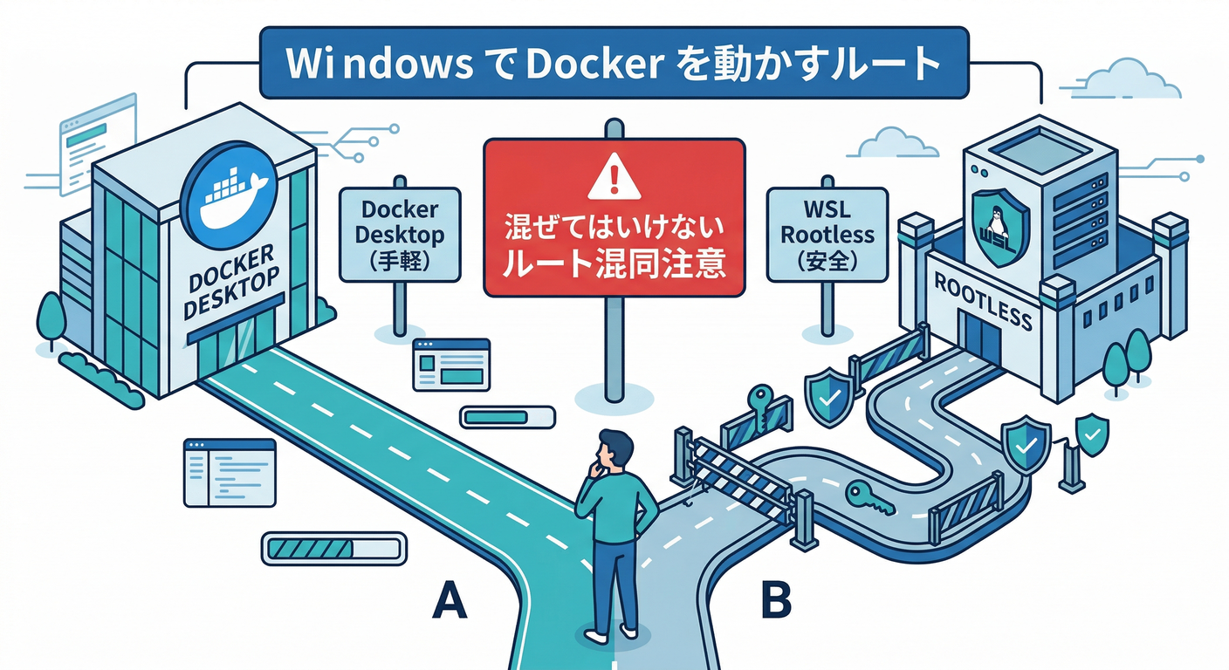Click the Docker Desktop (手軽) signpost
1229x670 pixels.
(399, 235)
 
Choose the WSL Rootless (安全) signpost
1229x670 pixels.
(826, 235)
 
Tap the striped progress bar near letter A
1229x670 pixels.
(333, 549)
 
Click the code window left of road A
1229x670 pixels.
(229, 472)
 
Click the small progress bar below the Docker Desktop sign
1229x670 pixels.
(507, 417)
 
